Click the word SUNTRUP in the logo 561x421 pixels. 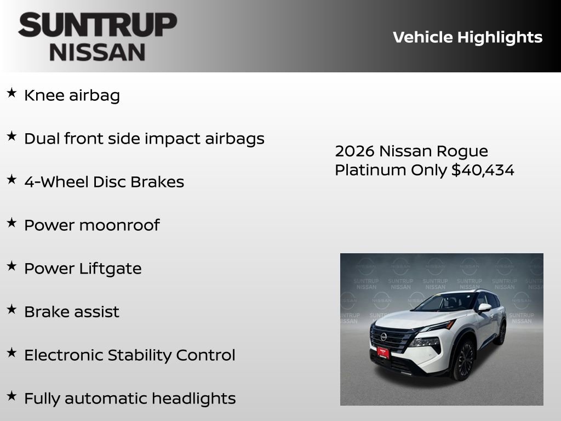(98, 25)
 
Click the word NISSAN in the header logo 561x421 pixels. (98, 52)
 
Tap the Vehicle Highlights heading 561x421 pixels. (467, 37)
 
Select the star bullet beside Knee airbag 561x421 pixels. (12, 93)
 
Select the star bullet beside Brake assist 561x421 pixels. (12, 310)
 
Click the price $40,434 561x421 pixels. (483, 170)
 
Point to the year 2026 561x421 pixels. (354, 151)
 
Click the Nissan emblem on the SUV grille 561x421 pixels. (383, 336)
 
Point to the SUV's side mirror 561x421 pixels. (484, 308)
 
